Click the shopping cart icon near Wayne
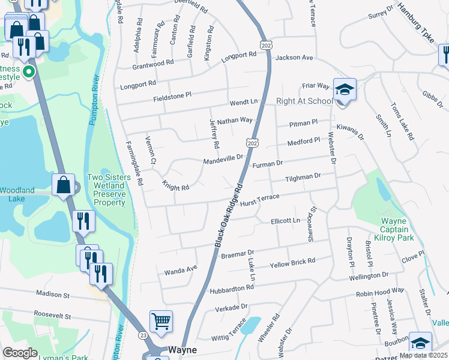[161, 322]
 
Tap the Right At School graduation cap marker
[345, 90]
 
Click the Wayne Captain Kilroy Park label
[397, 230]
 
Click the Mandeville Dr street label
[222, 160]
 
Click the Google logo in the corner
[20, 353]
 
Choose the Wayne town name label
[182, 350]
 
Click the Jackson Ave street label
[295, 58]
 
